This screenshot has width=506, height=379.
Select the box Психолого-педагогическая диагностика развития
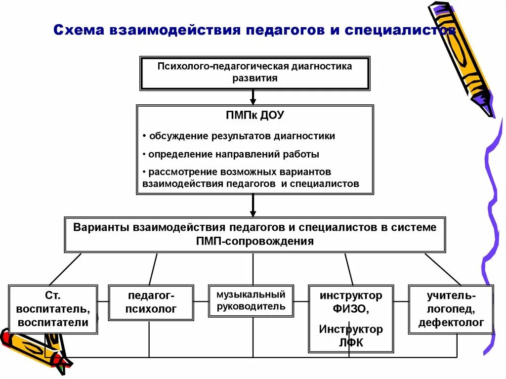point(254,73)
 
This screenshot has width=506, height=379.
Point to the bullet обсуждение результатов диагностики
point(242,136)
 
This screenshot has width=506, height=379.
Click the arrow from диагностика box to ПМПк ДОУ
point(253,97)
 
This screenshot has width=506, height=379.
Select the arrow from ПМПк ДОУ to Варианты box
point(253,205)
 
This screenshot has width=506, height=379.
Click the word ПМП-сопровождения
point(254,241)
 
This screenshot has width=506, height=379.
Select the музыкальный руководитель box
point(251,300)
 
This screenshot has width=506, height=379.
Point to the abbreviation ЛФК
point(351,342)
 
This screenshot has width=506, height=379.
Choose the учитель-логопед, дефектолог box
point(451,309)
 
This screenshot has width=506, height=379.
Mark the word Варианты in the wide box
point(101,227)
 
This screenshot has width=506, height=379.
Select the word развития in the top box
point(254,78)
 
